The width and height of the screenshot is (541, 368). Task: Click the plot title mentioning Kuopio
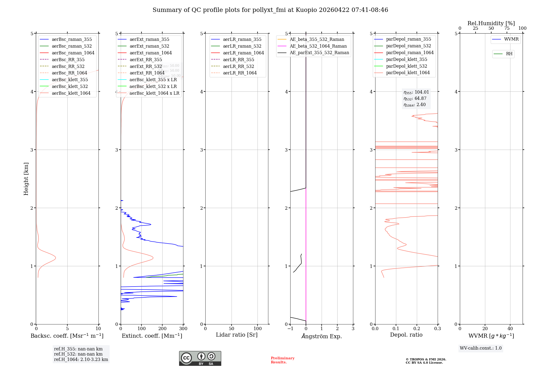click(x=270, y=10)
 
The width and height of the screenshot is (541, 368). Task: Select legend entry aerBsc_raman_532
click(x=72, y=46)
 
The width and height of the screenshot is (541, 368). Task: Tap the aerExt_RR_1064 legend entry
click(x=147, y=73)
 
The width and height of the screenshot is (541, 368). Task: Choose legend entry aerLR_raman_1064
click(x=243, y=53)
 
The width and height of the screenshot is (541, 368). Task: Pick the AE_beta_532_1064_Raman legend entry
click(x=318, y=46)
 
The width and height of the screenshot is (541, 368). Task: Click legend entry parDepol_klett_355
click(x=407, y=60)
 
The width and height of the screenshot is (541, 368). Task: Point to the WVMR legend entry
click(x=511, y=40)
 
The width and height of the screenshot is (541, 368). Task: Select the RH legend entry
click(x=509, y=54)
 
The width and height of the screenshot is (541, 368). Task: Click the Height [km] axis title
click(x=26, y=179)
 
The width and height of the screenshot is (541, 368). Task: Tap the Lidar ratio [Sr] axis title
click(x=237, y=335)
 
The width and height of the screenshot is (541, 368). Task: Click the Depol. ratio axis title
click(x=406, y=335)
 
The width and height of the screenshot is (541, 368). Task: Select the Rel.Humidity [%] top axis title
click(x=491, y=24)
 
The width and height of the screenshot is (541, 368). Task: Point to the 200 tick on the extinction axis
click(x=162, y=329)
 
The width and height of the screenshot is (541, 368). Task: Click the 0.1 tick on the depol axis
click(x=396, y=329)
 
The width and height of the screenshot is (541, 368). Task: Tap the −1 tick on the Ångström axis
click(x=290, y=329)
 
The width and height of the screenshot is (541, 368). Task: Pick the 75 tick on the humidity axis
click(x=507, y=28)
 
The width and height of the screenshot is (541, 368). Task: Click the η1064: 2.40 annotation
click(x=415, y=105)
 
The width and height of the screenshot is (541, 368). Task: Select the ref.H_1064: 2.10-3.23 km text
click(x=81, y=360)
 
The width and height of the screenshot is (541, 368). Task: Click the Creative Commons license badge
click(x=200, y=359)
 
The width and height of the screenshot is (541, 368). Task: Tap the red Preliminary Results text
click(x=282, y=360)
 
